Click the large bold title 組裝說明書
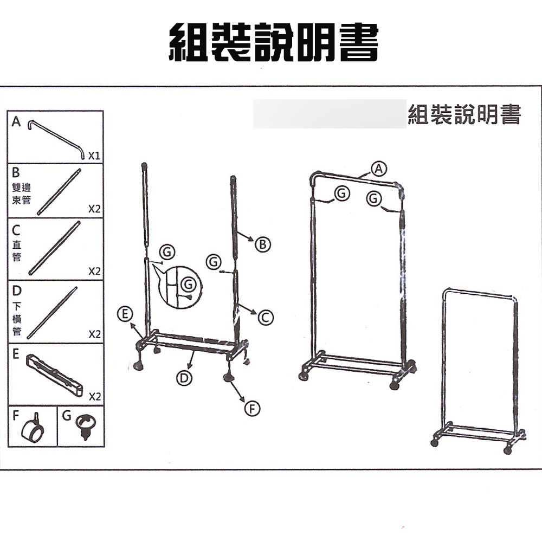274,42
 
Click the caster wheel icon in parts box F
33,428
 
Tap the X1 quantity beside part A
94,156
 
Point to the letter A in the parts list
16,121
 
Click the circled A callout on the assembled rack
379,169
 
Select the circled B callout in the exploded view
263,244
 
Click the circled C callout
266,318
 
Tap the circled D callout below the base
184,378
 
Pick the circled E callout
125,313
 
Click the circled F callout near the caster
253,409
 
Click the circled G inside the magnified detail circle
189,285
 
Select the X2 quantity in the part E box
94,396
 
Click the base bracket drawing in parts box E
54,375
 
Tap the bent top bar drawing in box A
56,139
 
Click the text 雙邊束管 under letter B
22,193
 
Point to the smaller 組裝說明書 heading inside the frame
464,114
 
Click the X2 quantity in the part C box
94,271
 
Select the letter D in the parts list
17,291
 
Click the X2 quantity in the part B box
94,209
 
